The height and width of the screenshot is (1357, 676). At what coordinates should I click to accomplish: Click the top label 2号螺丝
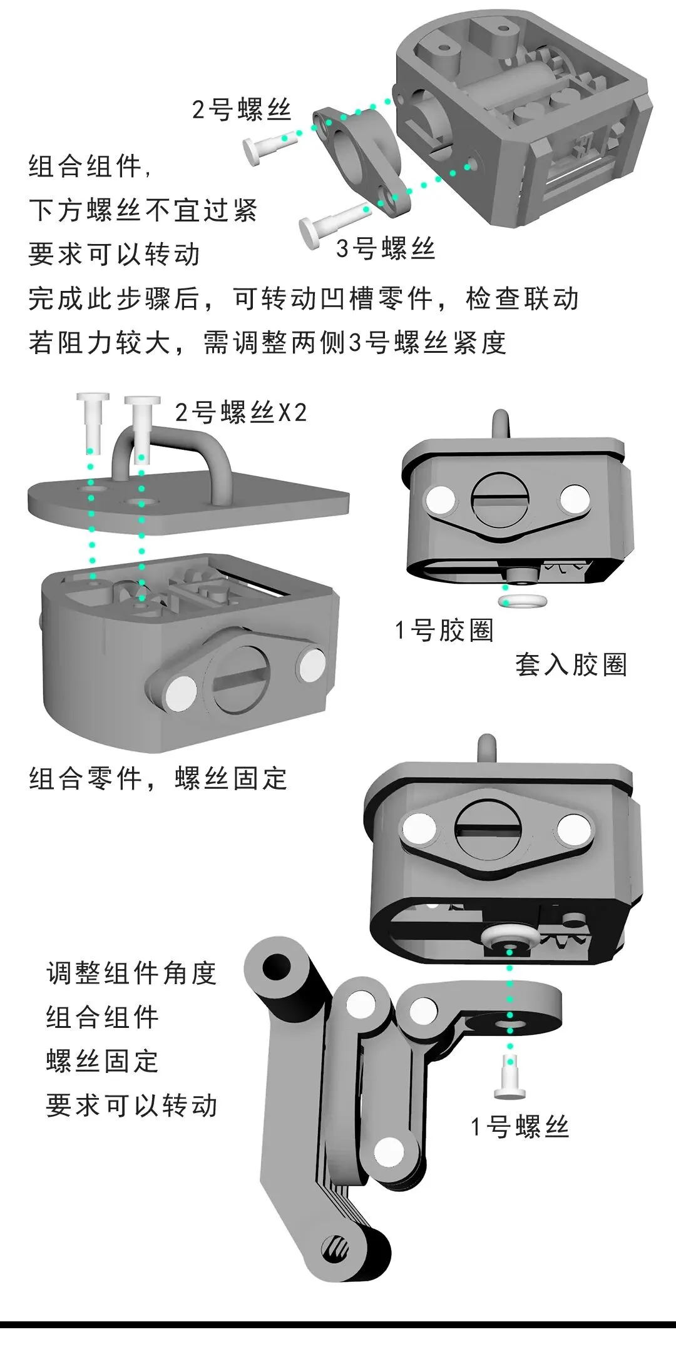(x=242, y=110)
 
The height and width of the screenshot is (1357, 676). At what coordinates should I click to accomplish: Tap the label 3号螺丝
(x=385, y=249)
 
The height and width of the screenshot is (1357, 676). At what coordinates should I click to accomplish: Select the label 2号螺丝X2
(x=241, y=413)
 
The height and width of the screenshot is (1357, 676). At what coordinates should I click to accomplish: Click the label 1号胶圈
(x=444, y=630)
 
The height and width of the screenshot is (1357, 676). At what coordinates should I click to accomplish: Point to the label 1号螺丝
(x=520, y=1127)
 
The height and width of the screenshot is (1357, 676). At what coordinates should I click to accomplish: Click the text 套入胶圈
(x=571, y=664)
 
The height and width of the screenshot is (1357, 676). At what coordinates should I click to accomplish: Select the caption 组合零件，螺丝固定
(x=158, y=779)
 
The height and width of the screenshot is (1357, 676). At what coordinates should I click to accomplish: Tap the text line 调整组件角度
(x=131, y=973)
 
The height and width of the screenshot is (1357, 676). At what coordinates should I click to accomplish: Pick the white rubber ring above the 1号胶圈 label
(x=523, y=601)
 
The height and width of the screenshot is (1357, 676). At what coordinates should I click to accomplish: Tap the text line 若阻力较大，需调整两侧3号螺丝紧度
(x=267, y=343)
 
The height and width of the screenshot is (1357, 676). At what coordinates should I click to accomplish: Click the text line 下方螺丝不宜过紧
(x=143, y=210)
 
